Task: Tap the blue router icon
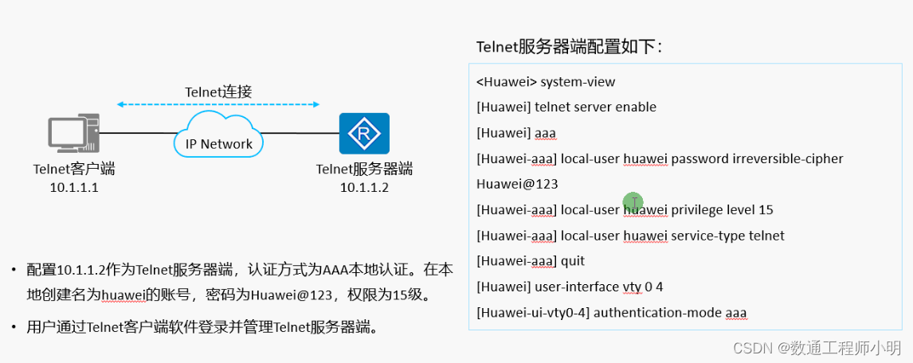tap(364, 134)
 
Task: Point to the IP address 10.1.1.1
tap(73, 188)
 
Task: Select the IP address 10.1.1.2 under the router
tap(364, 188)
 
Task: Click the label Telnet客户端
tap(74, 170)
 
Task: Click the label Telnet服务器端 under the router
tap(364, 170)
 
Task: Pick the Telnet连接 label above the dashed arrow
tap(218, 92)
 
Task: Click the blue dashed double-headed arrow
tap(218, 104)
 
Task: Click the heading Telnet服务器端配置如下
tap(569, 47)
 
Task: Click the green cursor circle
tap(633, 202)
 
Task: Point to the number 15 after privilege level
tap(766, 210)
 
